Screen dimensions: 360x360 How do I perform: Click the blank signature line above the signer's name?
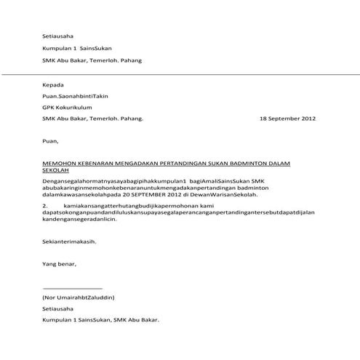coord(72,289)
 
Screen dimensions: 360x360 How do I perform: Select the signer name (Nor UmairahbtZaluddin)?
coord(79,298)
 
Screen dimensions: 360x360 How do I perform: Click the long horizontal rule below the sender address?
coord(180,73)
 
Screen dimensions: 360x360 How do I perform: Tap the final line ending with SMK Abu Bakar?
coord(100,320)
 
